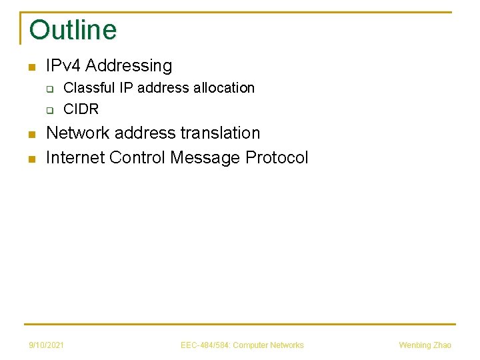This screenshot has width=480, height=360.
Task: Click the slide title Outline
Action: pyautogui.click(x=73, y=30)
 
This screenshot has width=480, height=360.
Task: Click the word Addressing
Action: pyautogui.click(x=129, y=66)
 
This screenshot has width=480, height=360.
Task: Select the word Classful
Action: pyautogui.click(x=90, y=88)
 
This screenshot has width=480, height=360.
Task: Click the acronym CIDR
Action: pyautogui.click(x=81, y=109)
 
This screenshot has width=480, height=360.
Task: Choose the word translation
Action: pyautogui.click(x=221, y=133)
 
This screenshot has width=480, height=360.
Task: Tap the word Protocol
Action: pyautogui.click(x=277, y=158)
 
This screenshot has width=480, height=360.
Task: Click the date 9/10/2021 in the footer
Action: pyautogui.click(x=47, y=345)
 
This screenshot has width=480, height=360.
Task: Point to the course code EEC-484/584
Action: pyautogui.click(x=204, y=345)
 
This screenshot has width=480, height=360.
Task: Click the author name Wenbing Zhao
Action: pyautogui.click(x=425, y=345)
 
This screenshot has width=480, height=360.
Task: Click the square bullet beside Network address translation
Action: pyautogui.click(x=31, y=135)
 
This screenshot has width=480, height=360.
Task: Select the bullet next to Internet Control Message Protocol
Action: pyautogui.click(x=31, y=159)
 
